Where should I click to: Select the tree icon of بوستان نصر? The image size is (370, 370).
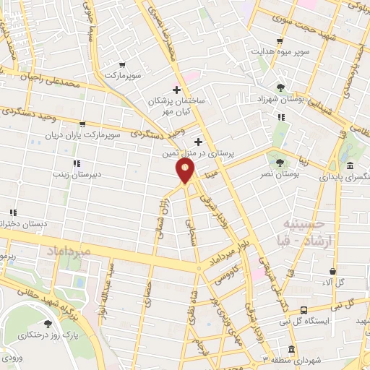(x=280, y=161)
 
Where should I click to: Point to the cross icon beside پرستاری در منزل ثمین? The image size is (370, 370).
(x=198, y=142)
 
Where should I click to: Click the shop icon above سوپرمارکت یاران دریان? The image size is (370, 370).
(x=82, y=124)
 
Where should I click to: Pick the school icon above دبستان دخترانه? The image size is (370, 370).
(x=13, y=212)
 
